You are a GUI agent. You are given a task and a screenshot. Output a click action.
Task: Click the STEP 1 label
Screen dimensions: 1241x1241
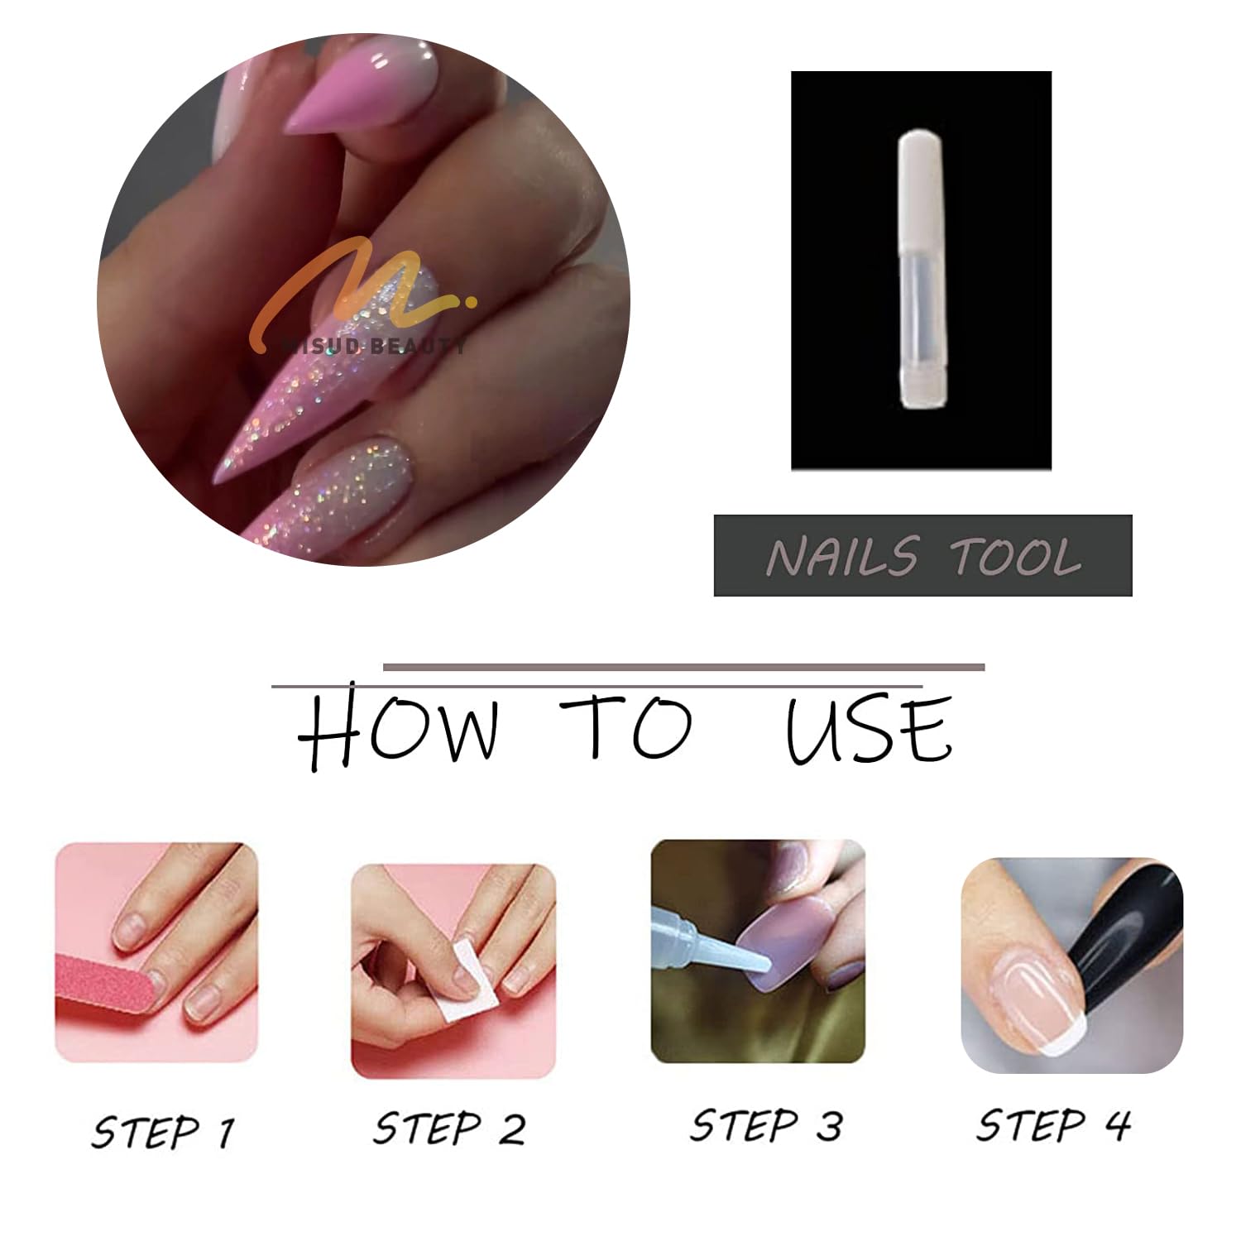(163, 1131)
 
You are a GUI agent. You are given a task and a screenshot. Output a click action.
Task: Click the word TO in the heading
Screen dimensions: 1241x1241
(625, 727)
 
